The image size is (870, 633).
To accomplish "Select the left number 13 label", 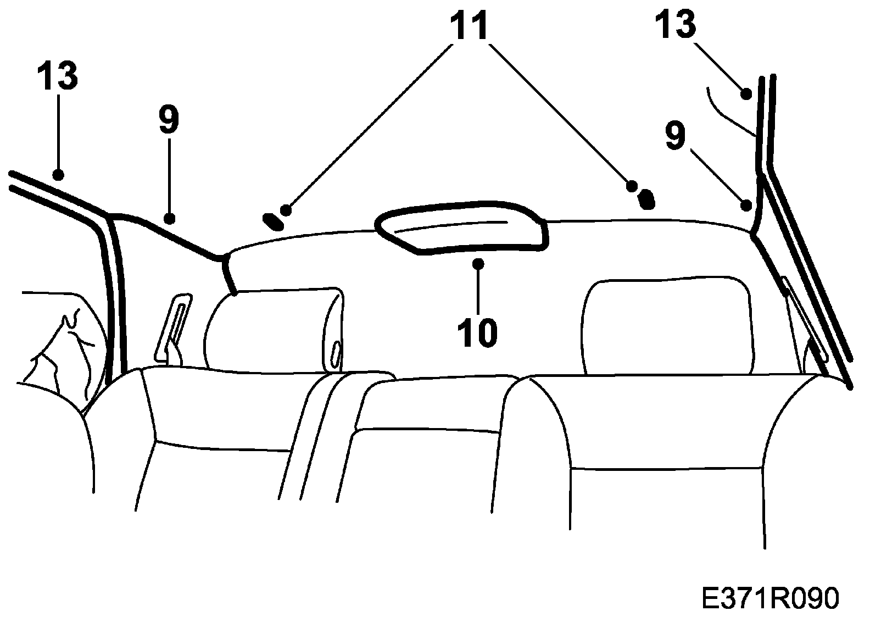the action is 58,75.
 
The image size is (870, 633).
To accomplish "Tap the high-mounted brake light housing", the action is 461,229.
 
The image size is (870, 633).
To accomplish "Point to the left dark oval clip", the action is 272,221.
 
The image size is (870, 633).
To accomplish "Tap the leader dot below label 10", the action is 479,264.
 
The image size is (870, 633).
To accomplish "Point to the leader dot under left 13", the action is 58,175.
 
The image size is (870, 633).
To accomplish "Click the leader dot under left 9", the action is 170,219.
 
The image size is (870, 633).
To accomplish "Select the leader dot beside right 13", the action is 746,94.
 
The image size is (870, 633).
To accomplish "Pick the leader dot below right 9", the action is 746,206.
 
